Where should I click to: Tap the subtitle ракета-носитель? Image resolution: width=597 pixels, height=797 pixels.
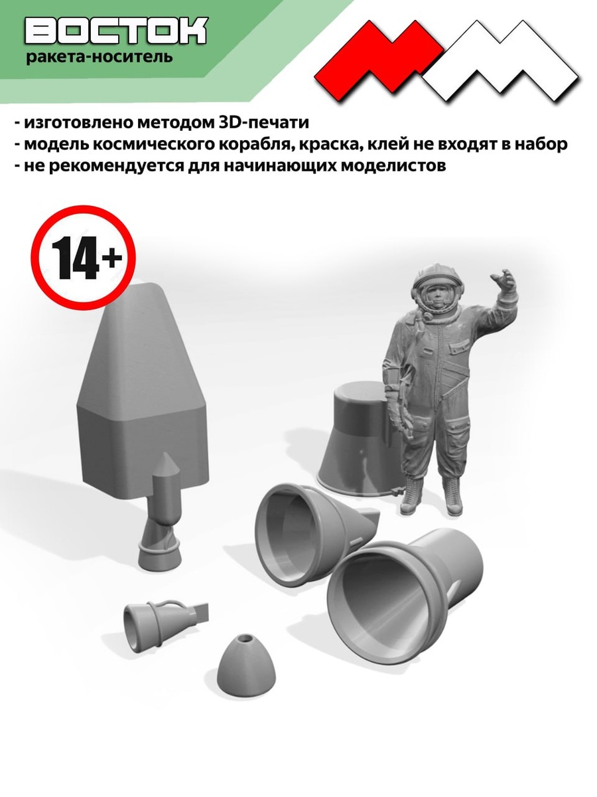tap(99, 56)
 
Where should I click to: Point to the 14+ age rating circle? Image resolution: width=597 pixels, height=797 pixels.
tap(83, 257)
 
